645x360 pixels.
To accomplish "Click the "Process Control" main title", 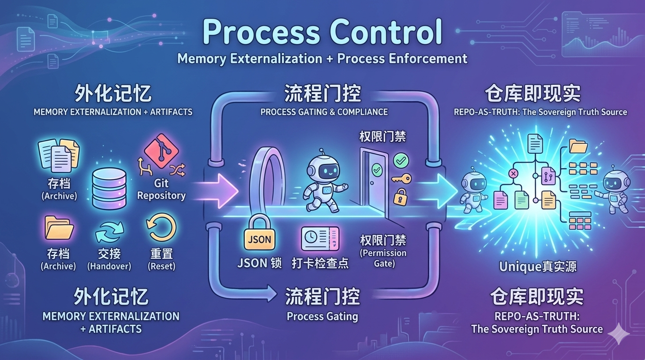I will coord(322,32).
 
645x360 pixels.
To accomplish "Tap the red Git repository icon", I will coord(161,150).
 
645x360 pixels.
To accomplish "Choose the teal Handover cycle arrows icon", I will coord(109,232).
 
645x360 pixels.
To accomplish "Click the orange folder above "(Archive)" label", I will coord(59,228).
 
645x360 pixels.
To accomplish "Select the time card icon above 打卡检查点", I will coord(320,238).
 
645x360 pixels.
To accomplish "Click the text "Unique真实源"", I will coord(538,267).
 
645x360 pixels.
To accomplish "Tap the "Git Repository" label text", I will coord(161,189).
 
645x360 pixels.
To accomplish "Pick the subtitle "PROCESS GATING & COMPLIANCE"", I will coord(324,112).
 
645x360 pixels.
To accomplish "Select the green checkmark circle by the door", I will coord(401,160).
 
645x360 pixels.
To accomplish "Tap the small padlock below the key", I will coord(400,196).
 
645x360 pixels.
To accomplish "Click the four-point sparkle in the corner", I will coord(619,334).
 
